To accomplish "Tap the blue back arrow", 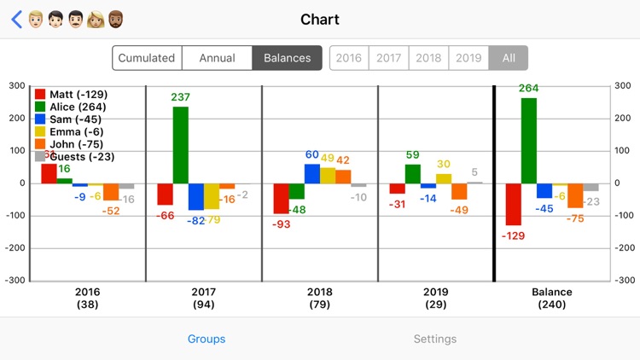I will click(x=16, y=20).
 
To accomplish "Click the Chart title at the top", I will click(x=320, y=20).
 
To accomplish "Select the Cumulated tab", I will click(x=147, y=58).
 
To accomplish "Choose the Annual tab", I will click(x=217, y=58).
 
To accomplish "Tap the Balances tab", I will click(x=287, y=58).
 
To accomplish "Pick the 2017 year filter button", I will click(x=388, y=58).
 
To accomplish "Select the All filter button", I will click(x=509, y=58).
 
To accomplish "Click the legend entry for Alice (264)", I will click(x=77, y=107).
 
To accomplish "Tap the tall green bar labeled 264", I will click(x=529, y=140).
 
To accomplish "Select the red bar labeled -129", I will click(x=513, y=204).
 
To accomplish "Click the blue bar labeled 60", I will click(x=312, y=173).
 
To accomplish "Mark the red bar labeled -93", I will click(x=281, y=198).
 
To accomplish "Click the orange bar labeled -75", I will click(x=575, y=195).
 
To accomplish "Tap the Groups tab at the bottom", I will click(x=207, y=339).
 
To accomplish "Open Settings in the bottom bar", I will click(x=435, y=339).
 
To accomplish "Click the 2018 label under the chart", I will click(x=319, y=292).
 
